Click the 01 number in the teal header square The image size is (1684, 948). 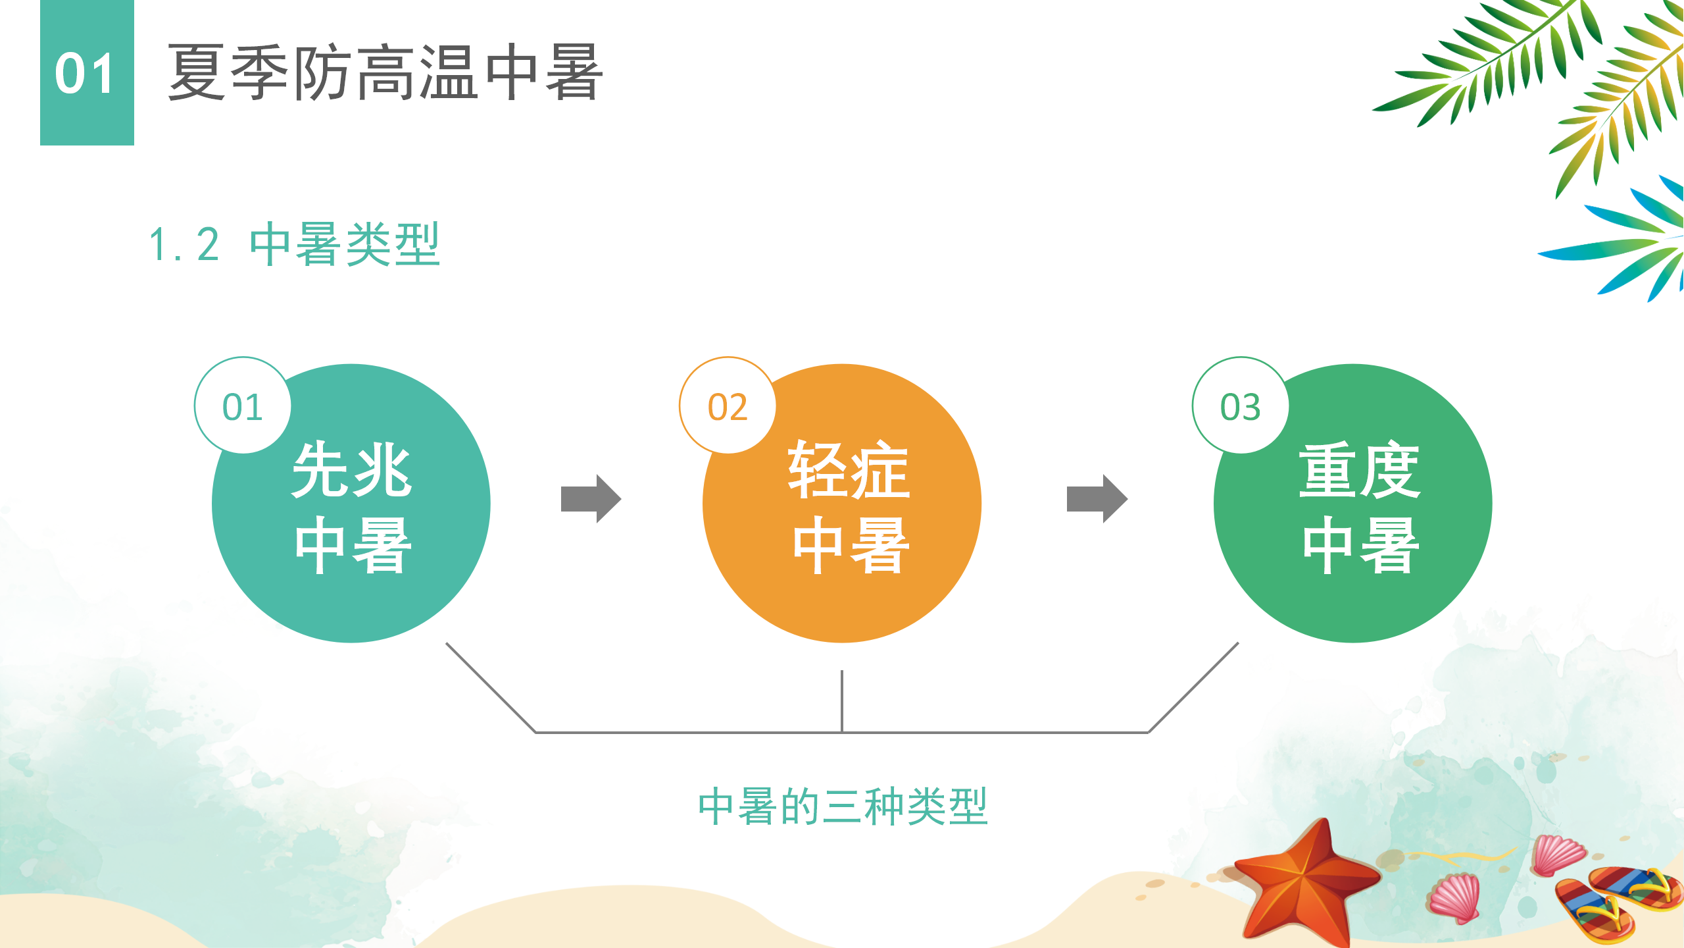coord(85,74)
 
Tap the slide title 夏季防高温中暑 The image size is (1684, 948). coord(385,72)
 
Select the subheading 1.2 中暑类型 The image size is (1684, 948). coord(295,244)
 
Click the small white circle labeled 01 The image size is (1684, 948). coord(243,406)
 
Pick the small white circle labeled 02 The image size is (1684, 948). coord(728,406)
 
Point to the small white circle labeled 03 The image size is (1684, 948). coord(1241,406)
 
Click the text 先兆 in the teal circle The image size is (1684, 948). coord(352,469)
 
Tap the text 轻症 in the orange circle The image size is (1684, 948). coord(849,469)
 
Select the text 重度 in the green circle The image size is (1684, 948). coord(1360,469)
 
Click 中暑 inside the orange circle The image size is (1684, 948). coord(851,545)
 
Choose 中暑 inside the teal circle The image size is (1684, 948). coord(353,545)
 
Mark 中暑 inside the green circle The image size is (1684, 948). coord(1361,545)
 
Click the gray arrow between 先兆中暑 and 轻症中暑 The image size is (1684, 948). coord(591,498)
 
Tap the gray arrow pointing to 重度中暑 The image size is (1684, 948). coord(1097,498)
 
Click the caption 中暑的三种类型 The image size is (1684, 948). coord(843,806)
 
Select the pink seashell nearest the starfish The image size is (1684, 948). coord(1455,897)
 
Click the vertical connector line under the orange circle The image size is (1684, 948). coord(842,701)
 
